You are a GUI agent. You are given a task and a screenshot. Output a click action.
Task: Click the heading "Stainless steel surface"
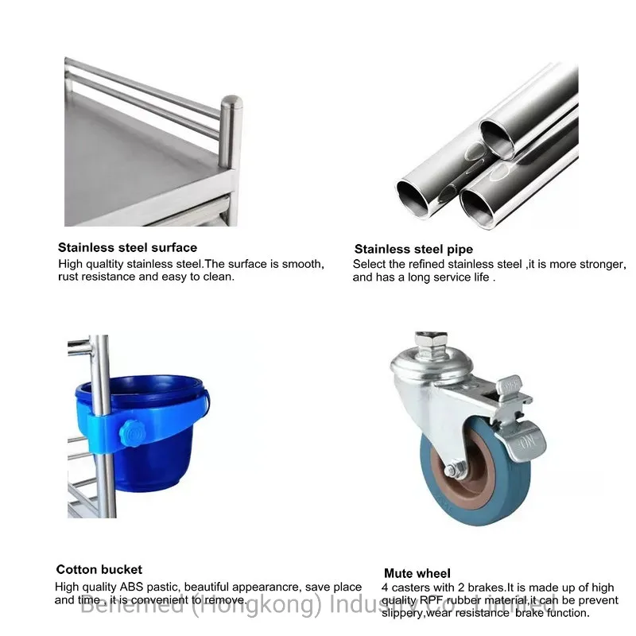tap(127, 247)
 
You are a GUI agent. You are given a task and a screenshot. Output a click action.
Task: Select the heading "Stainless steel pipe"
tap(413, 249)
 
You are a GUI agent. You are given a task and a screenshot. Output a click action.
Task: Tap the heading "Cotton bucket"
tap(99, 569)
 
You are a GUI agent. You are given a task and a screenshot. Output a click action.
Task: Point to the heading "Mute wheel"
tap(417, 573)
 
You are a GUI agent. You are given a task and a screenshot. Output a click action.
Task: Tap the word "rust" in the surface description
tap(69, 277)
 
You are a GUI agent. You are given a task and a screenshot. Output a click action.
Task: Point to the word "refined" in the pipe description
tap(430, 264)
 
